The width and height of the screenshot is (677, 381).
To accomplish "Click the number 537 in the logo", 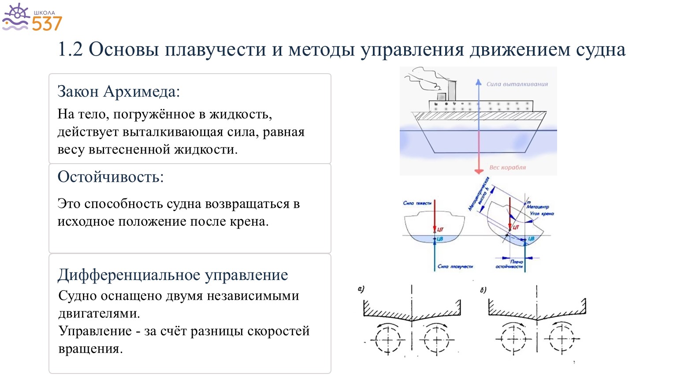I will tap(47, 23).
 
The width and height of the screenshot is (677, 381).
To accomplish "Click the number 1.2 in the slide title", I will tap(70, 49).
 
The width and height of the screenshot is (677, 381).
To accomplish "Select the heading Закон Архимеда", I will tap(119, 91).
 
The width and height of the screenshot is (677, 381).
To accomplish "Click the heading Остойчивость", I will tap(111, 177).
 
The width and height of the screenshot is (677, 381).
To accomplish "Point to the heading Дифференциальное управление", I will tap(173, 275).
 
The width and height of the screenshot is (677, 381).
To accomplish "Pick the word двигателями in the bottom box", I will tap(99, 314).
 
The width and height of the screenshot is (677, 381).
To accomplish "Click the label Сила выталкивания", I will tap(517, 84).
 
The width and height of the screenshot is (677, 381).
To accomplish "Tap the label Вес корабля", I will tap(507, 168).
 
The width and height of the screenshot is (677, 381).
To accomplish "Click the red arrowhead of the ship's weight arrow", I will tap(479, 171).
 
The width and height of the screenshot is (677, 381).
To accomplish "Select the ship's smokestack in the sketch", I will tap(452, 91).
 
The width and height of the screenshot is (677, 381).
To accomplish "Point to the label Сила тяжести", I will tap(417, 203).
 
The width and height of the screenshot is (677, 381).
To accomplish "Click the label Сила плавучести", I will tap(455, 266).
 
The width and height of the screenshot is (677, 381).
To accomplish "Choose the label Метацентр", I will tap(538, 206).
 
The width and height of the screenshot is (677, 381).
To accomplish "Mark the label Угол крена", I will tap(542, 213).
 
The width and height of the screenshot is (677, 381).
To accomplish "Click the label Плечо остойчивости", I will tap(510, 264).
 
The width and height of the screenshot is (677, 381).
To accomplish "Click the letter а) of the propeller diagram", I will tap(361, 289).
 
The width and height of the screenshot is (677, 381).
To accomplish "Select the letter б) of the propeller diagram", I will tap(484, 290).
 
